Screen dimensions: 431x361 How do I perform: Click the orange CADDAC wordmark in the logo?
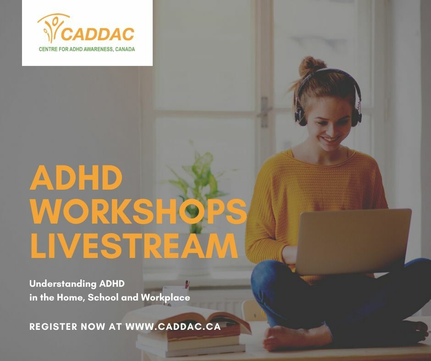pos(97,34)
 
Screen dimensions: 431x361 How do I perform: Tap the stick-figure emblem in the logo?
pos(52,27)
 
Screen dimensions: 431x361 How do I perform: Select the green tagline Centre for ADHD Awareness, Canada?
pos(87,49)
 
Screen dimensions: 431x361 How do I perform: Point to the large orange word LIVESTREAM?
pos(134,245)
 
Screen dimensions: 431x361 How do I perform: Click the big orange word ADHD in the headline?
pos(76,177)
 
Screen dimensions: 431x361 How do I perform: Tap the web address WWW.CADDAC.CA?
pos(173,326)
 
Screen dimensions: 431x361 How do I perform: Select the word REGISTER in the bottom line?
pos(53,326)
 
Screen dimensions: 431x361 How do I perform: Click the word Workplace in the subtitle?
pos(166,297)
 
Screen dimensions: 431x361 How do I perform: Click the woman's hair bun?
pos(311,66)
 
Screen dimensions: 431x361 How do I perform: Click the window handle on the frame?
pos(264,112)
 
